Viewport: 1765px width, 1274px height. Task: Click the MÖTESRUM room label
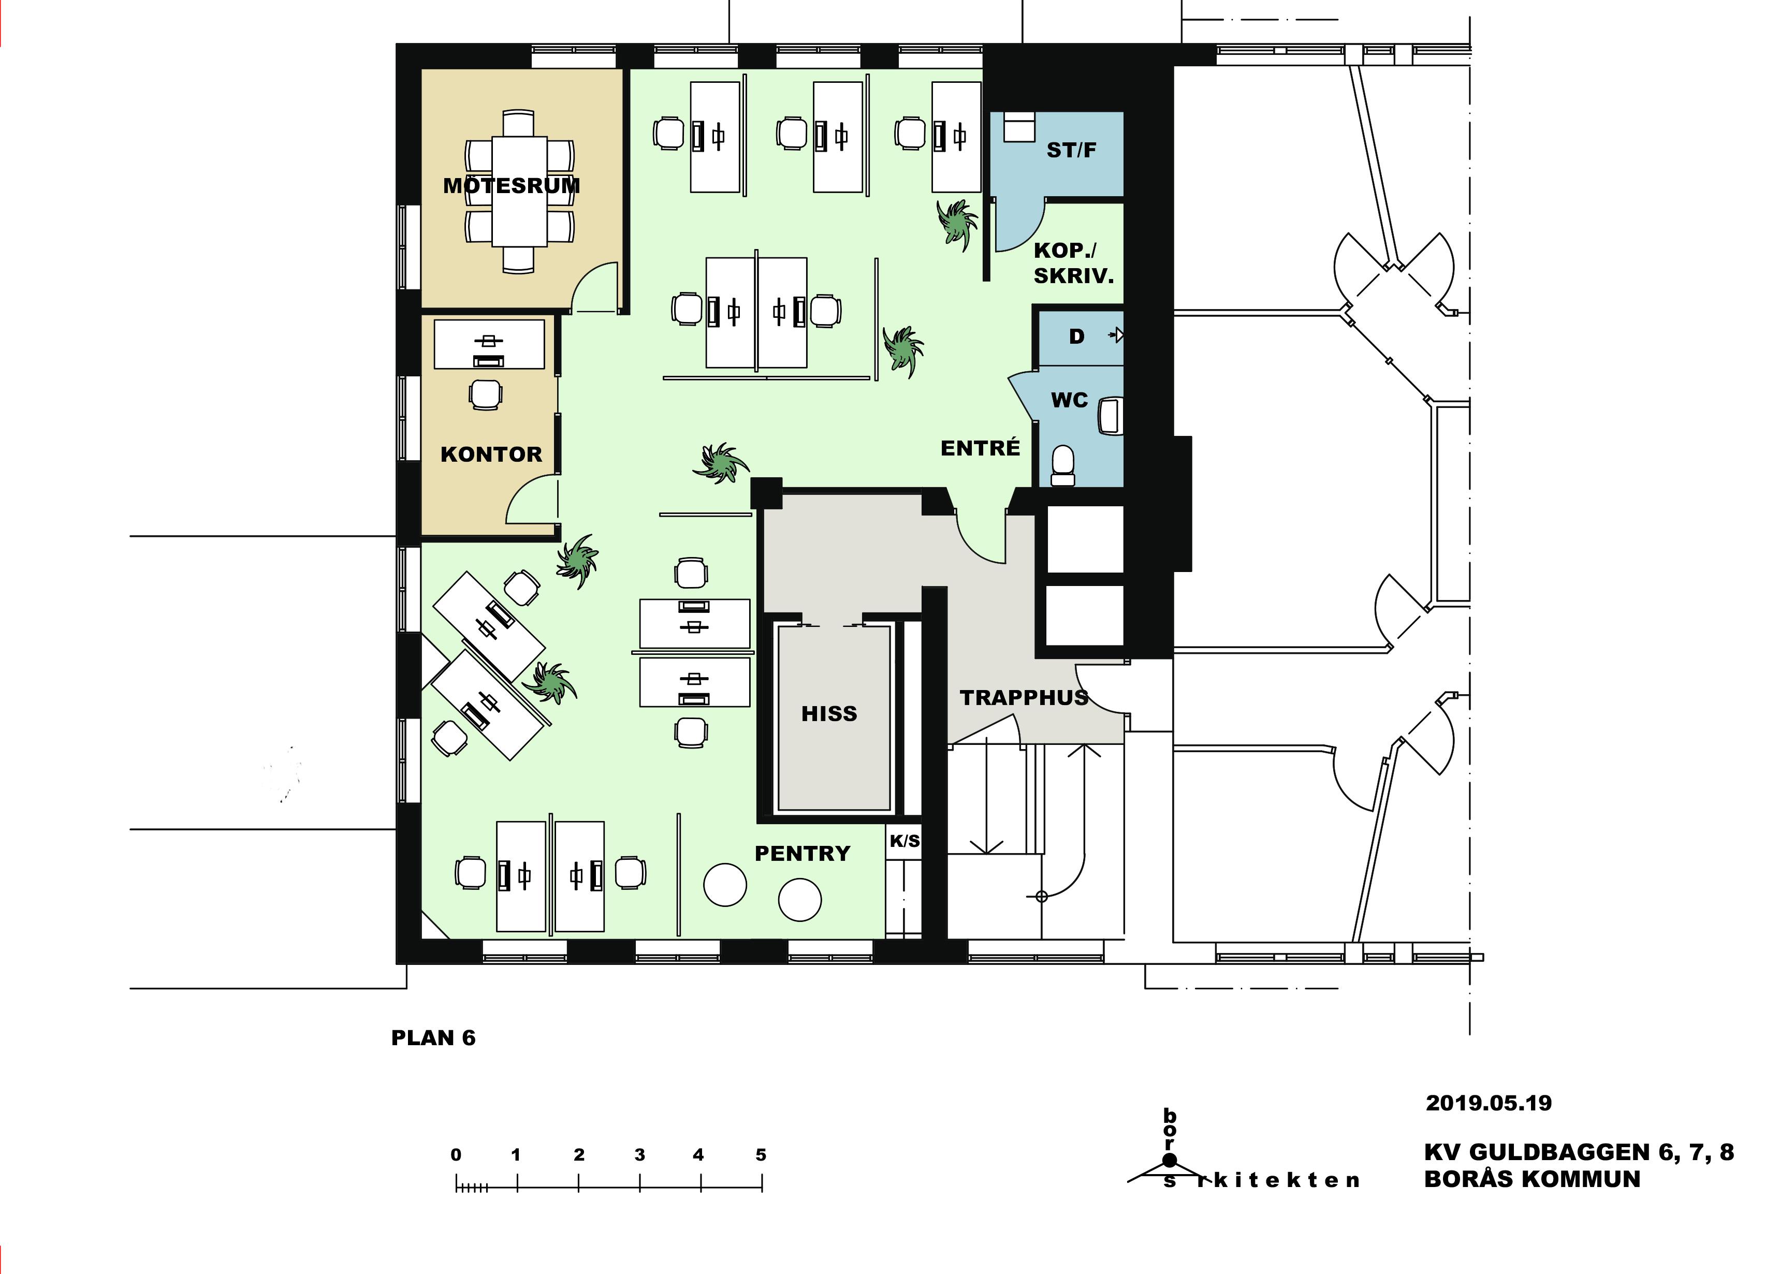coord(512,185)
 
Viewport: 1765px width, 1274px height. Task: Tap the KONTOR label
coord(491,455)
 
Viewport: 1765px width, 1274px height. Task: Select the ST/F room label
coord(1072,150)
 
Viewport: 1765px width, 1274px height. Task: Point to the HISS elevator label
coord(829,714)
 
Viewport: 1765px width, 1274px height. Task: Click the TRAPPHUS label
coord(1024,697)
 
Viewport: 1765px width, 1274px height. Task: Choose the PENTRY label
coord(803,854)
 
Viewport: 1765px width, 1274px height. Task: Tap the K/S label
coord(905,841)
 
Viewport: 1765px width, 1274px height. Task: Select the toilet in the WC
coord(1062,465)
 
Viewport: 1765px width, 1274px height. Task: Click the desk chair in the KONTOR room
coord(486,394)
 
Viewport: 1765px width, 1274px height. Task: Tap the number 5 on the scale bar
coord(761,1155)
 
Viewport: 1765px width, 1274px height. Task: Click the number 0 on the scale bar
coord(456,1155)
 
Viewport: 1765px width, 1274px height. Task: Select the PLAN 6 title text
coord(433,1038)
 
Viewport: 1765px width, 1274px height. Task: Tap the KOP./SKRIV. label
coord(1073,263)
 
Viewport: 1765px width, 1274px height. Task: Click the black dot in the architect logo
coord(1170,1160)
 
